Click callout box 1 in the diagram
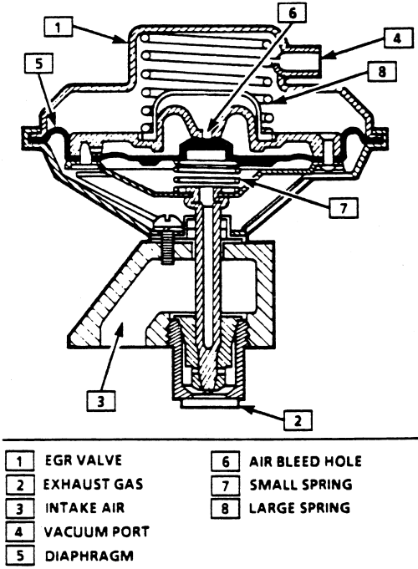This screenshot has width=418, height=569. [x=59, y=28]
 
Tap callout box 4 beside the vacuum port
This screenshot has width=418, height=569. [x=398, y=38]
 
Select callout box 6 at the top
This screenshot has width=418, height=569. [x=293, y=14]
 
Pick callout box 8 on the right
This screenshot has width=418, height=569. [x=382, y=72]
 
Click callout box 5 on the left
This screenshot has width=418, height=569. [x=38, y=64]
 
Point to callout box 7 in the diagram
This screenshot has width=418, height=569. [x=344, y=207]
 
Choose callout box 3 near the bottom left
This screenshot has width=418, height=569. [x=101, y=400]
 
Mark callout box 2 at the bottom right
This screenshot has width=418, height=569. [x=298, y=421]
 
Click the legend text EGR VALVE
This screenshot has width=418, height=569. [x=83, y=460]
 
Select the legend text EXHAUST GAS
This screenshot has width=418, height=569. [x=93, y=485]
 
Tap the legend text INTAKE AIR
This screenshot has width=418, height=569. [x=84, y=508]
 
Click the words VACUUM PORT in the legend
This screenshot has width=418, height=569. [x=97, y=532]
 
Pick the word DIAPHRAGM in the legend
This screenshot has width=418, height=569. [x=89, y=556]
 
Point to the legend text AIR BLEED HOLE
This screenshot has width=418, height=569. [x=305, y=461]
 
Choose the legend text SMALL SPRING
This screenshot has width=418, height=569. [x=301, y=485]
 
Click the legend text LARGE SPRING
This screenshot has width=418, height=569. [x=299, y=508]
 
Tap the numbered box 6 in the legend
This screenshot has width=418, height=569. [x=225, y=461]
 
